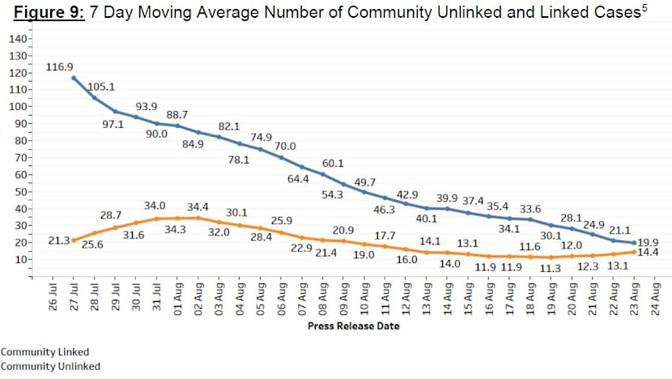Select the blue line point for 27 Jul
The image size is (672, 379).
click(74, 78)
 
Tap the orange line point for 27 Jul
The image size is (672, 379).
click(74, 240)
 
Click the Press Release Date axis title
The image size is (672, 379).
click(353, 326)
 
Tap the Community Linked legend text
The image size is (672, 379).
click(45, 352)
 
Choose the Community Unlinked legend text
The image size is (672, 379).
click(50, 366)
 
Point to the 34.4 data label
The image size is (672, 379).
click(199, 206)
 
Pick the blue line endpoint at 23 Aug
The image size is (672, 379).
click(633, 242)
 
